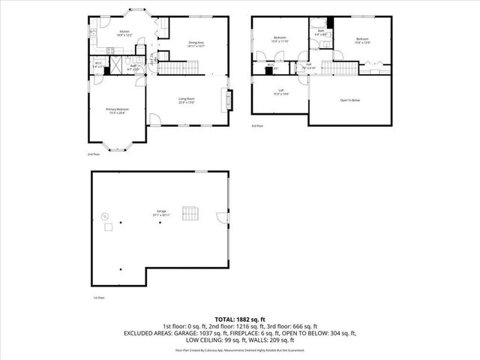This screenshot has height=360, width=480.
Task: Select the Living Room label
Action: click(187, 100)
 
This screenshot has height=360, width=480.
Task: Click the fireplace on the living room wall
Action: click(223, 100)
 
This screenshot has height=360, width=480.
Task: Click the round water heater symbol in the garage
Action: click(105, 216)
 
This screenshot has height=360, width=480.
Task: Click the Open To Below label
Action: click(350, 99)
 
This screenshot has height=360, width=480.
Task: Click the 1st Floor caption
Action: click(99, 297)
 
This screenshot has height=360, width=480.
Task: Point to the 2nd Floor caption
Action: click(93, 154)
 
